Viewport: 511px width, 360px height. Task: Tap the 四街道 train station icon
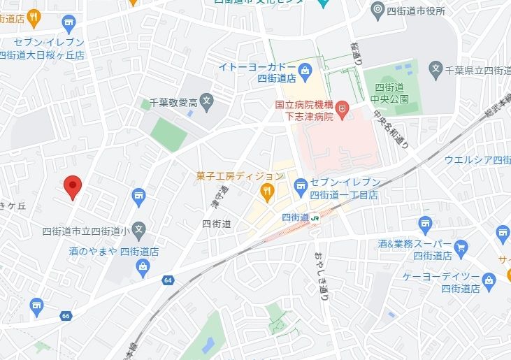tap(316, 217)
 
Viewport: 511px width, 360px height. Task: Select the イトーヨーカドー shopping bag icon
tap(305, 70)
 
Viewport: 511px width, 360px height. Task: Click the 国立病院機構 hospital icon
tap(342, 109)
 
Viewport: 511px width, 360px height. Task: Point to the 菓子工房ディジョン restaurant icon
tap(266, 190)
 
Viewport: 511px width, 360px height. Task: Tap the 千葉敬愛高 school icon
tap(207, 102)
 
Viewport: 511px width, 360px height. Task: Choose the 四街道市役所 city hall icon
tap(377, 10)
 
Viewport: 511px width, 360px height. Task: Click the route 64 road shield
tap(168, 280)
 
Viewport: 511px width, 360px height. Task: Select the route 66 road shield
tap(66, 316)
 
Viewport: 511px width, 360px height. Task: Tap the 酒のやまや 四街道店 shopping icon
tap(143, 266)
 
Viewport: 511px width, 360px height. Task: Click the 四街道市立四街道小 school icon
tap(139, 229)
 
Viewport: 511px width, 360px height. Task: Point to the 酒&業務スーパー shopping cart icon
tap(460, 247)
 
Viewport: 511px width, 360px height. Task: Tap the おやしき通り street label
tap(319, 275)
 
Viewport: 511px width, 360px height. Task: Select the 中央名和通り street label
tap(391, 129)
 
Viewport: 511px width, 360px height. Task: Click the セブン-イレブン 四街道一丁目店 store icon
tap(301, 185)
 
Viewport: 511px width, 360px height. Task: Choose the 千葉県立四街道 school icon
tap(436, 70)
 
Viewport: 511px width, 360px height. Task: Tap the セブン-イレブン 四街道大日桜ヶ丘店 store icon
tap(69, 26)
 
